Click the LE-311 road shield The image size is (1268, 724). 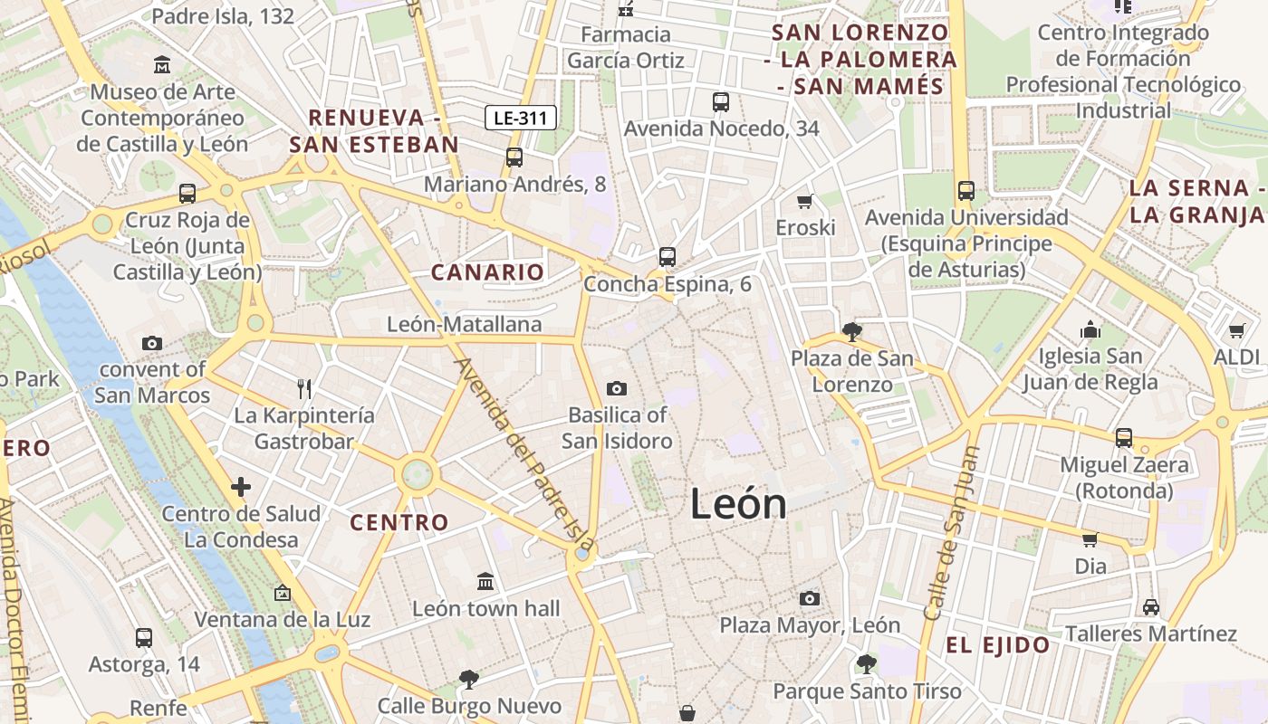coord(520,117)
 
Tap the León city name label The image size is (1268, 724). coord(738,503)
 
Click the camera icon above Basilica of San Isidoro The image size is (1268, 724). coord(617,388)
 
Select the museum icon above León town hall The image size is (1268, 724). coord(485,580)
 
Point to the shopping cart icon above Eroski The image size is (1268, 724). coord(804,201)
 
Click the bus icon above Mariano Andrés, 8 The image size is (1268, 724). coord(514,157)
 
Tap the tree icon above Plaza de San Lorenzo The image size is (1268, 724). coord(851,331)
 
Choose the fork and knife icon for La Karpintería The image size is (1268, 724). coord(304,389)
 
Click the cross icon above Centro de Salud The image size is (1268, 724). coord(241,487)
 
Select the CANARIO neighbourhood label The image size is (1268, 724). coord(487,272)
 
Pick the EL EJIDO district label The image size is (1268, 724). coord(997,645)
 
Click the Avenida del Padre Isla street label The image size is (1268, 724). coord(524,456)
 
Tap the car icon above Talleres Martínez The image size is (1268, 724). coord(1151,606)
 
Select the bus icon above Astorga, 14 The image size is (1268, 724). coord(144,637)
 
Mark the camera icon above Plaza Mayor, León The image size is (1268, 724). coord(810,598)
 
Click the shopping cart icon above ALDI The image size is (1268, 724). coord(1237,330)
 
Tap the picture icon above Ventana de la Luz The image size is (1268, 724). coord(283,593)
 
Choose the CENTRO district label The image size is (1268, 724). coord(399,522)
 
